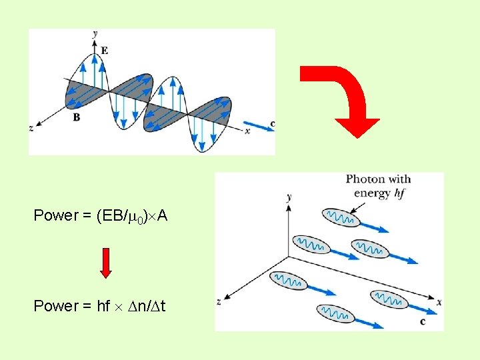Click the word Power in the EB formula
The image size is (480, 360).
pyautogui.click(x=56, y=215)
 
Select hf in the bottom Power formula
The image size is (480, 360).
pyautogui.click(x=103, y=306)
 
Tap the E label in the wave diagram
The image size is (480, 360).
pyautogui.click(x=104, y=49)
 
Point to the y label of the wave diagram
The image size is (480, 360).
pyautogui.click(x=96, y=33)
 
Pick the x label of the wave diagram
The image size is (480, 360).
pyautogui.click(x=247, y=131)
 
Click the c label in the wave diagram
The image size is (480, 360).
pyautogui.click(x=272, y=124)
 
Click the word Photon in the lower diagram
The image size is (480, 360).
pyautogui.click(x=365, y=179)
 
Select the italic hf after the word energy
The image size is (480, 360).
pyautogui.click(x=399, y=193)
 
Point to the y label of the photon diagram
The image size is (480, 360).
pyautogui.click(x=288, y=197)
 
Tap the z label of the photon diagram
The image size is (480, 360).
pyautogui.click(x=219, y=303)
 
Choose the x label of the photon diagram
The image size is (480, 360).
pyautogui.click(x=439, y=302)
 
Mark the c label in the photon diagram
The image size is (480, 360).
pyautogui.click(x=423, y=321)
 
